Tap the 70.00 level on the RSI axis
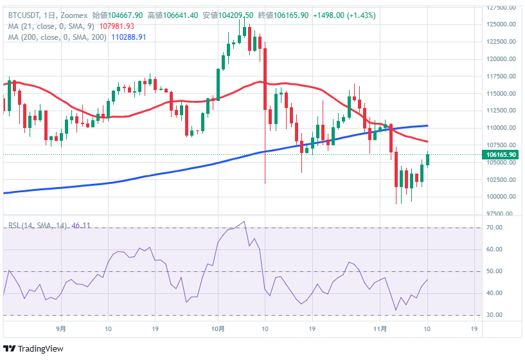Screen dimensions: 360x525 tap(494, 228)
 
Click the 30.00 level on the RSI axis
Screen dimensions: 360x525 tap(494, 315)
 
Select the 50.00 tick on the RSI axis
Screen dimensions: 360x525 tap(494, 271)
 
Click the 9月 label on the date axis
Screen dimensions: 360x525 tap(61, 328)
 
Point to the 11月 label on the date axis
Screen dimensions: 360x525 tap(380, 328)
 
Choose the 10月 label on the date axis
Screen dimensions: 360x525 tap(218, 328)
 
